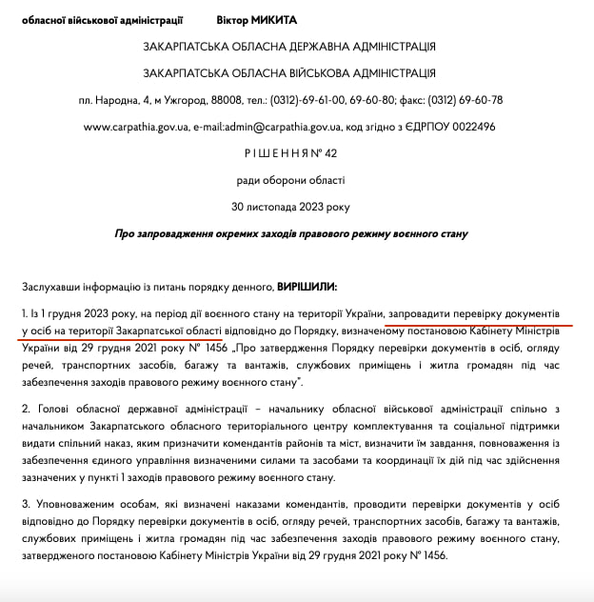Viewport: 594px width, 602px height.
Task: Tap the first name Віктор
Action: pyautogui.click(x=222, y=20)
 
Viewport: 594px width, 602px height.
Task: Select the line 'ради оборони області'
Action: pyautogui.click(x=290, y=180)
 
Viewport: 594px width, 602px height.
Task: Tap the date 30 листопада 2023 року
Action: pyautogui.click(x=290, y=207)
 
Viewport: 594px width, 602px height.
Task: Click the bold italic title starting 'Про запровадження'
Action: pyautogui.click(x=290, y=233)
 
